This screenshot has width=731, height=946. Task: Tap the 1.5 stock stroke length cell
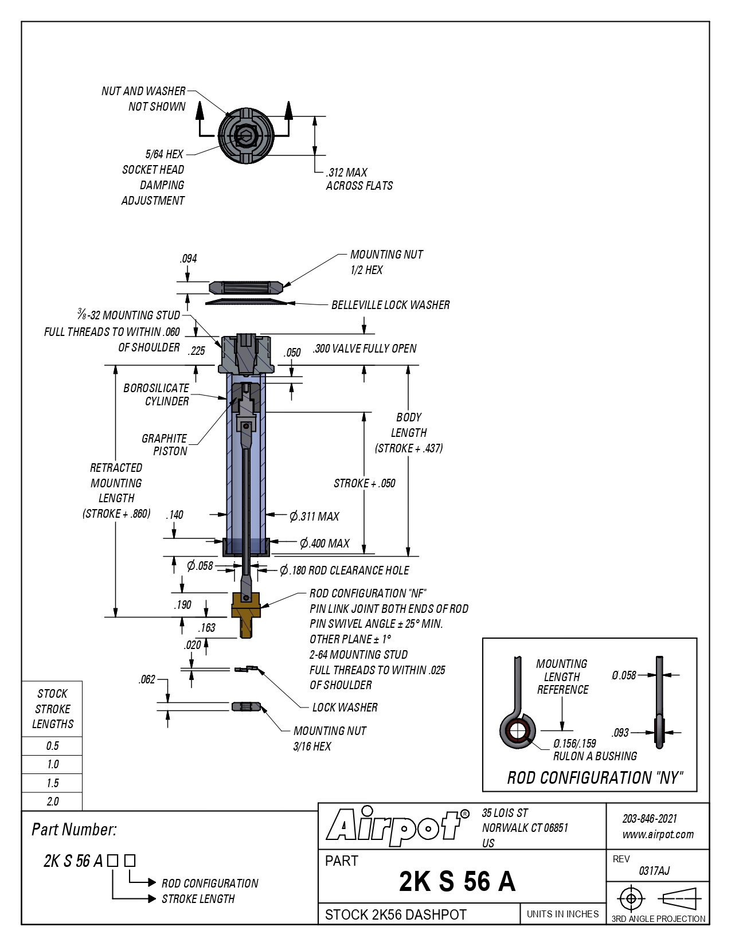pos(52,783)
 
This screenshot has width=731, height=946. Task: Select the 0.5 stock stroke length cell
pos(52,746)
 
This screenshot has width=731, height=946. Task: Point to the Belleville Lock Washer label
pos(390,305)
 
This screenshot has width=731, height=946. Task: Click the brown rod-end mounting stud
pos(246,615)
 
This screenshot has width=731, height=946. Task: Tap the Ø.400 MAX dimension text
pos(325,544)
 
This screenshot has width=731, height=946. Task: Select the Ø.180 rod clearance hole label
pos(345,570)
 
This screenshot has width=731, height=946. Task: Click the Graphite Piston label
pos(165,444)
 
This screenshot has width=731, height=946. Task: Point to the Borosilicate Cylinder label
pos(157,394)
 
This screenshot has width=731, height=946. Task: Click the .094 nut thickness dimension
pos(188,259)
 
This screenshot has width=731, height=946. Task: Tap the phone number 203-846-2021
pos(650,819)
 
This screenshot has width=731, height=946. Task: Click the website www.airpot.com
pos(658,835)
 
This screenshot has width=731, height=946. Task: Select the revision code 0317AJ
pos(654,871)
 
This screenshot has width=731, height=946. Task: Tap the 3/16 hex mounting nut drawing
pos(246,706)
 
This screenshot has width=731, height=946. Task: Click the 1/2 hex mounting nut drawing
pos(246,287)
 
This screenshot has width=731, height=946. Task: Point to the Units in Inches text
pos(562,914)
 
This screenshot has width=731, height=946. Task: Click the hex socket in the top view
pos(245,135)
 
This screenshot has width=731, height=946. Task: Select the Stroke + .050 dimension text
pos(365,483)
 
